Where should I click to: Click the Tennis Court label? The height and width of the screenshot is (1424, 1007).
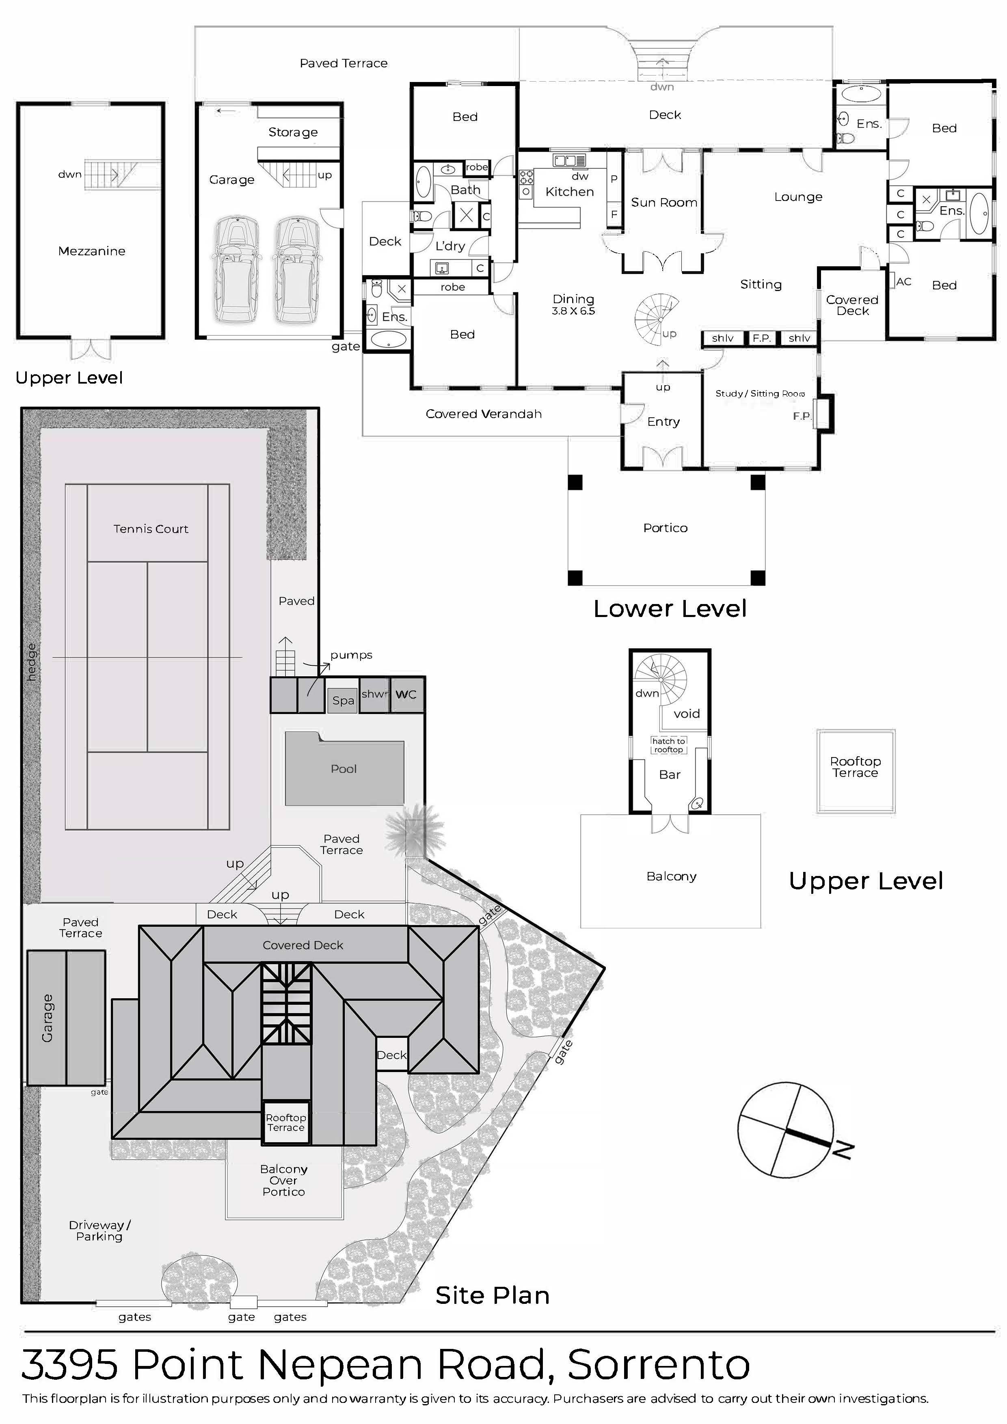151,529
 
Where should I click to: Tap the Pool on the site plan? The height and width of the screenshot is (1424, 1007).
344,769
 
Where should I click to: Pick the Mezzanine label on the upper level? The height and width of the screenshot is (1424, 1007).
92,251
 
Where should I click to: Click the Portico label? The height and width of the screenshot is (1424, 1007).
665,528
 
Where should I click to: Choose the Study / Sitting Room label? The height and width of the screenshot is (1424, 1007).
759,393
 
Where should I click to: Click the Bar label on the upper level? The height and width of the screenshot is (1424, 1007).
670,775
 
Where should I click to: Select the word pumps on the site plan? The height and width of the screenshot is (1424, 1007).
351,655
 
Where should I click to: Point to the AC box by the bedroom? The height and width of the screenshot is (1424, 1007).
903,282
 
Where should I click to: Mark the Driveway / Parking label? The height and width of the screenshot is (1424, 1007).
99,1231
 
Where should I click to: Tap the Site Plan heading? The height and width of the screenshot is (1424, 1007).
492,1296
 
